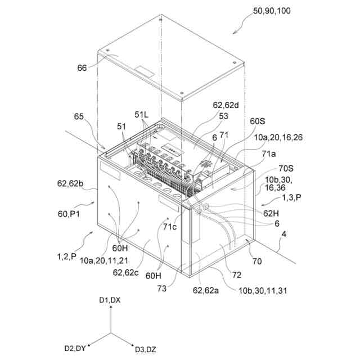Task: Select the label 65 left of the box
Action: (79, 117)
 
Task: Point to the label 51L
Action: (141, 114)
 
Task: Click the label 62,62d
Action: (225, 105)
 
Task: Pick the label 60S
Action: (258, 120)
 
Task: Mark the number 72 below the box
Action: (237, 275)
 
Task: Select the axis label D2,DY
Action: (75, 349)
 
